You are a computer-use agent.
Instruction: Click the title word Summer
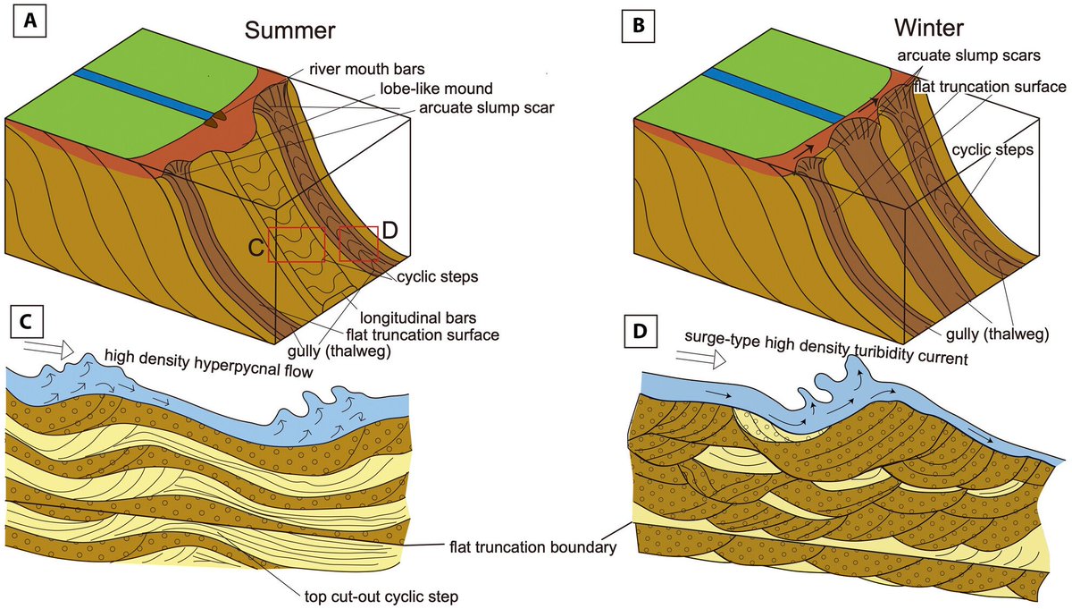coord(290,30)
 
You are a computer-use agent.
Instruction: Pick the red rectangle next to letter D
coord(358,243)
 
